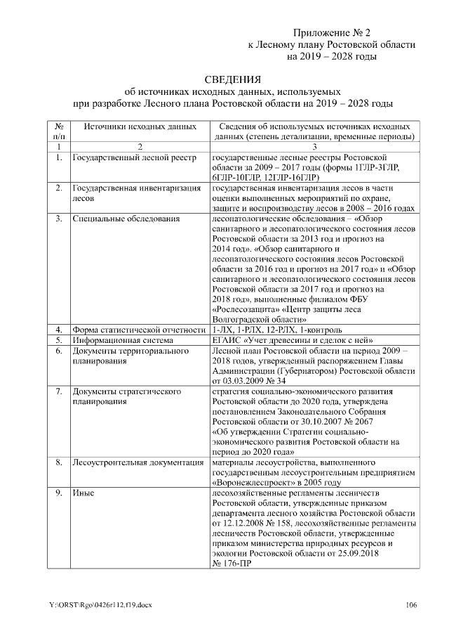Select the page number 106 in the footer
coord(411,605)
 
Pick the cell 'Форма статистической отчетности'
coord(140,329)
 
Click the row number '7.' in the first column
coord(58,391)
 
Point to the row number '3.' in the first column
coord(58,219)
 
